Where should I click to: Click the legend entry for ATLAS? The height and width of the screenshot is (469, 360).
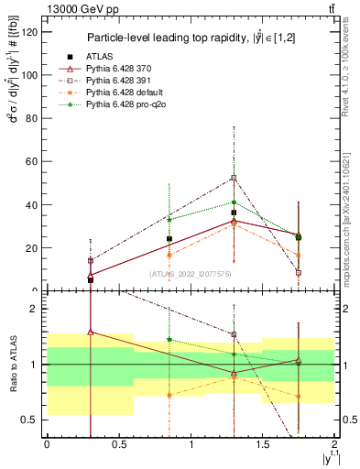point(100,57)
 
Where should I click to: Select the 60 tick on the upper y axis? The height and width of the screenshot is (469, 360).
point(34,161)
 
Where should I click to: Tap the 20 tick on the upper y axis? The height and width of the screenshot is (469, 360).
point(34,247)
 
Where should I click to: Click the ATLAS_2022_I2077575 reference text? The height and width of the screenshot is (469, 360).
point(190,274)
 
